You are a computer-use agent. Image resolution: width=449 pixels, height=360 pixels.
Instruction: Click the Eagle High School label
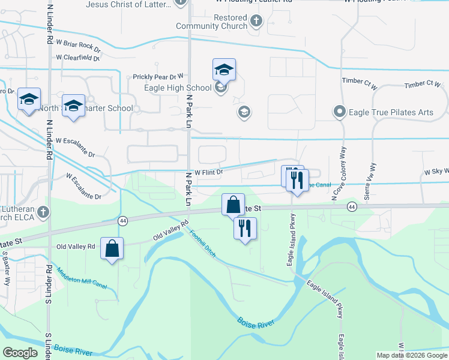[178, 88]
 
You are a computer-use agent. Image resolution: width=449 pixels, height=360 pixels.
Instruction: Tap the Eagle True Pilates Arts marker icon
[339, 112]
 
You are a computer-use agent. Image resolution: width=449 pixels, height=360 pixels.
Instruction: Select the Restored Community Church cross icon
[256, 22]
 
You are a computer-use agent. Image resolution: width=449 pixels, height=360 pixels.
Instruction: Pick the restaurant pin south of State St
[244, 228]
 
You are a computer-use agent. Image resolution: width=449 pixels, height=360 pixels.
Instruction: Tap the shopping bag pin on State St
[233, 204]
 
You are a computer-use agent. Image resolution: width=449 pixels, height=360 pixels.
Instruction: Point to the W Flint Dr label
[209, 172]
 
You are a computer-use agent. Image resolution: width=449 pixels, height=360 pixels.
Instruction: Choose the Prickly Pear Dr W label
[158, 77]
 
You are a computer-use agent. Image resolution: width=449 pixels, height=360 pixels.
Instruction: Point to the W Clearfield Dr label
[77, 58]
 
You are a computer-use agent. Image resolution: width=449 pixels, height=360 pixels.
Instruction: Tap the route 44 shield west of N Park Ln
[122, 221]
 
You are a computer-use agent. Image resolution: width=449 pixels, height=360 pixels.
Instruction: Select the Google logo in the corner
[20, 353]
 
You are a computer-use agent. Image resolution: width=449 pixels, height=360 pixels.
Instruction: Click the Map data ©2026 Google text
[411, 355]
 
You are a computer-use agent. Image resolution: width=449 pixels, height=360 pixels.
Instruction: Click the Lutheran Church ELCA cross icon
[43, 212]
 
